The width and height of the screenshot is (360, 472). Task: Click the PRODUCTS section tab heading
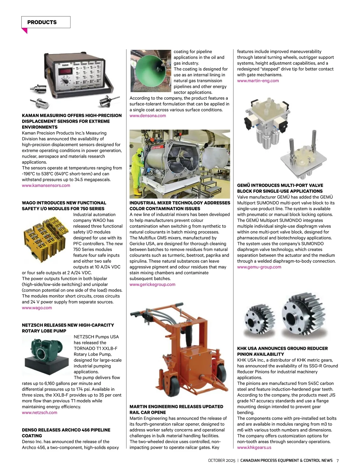click(42, 22)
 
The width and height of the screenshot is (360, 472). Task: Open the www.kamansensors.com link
click(46, 186)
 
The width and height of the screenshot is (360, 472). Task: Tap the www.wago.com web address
click(37, 308)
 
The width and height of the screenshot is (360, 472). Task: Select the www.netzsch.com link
click(40, 413)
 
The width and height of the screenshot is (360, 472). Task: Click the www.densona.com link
click(148, 116)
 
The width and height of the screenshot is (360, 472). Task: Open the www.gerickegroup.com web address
click(152, 284)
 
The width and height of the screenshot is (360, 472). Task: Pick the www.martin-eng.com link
click(258, 81)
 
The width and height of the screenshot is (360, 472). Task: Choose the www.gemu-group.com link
click(259, 267)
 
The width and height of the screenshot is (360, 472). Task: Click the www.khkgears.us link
click(254, 447)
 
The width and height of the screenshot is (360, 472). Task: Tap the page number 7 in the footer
click(337, 461)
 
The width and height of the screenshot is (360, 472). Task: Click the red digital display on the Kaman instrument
click(66, 71)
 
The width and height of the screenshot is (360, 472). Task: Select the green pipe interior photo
click(151, 71)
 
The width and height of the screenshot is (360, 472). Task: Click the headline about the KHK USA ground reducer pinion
click(282, 351)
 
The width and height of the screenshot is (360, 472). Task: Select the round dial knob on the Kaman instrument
click(64, 82)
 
